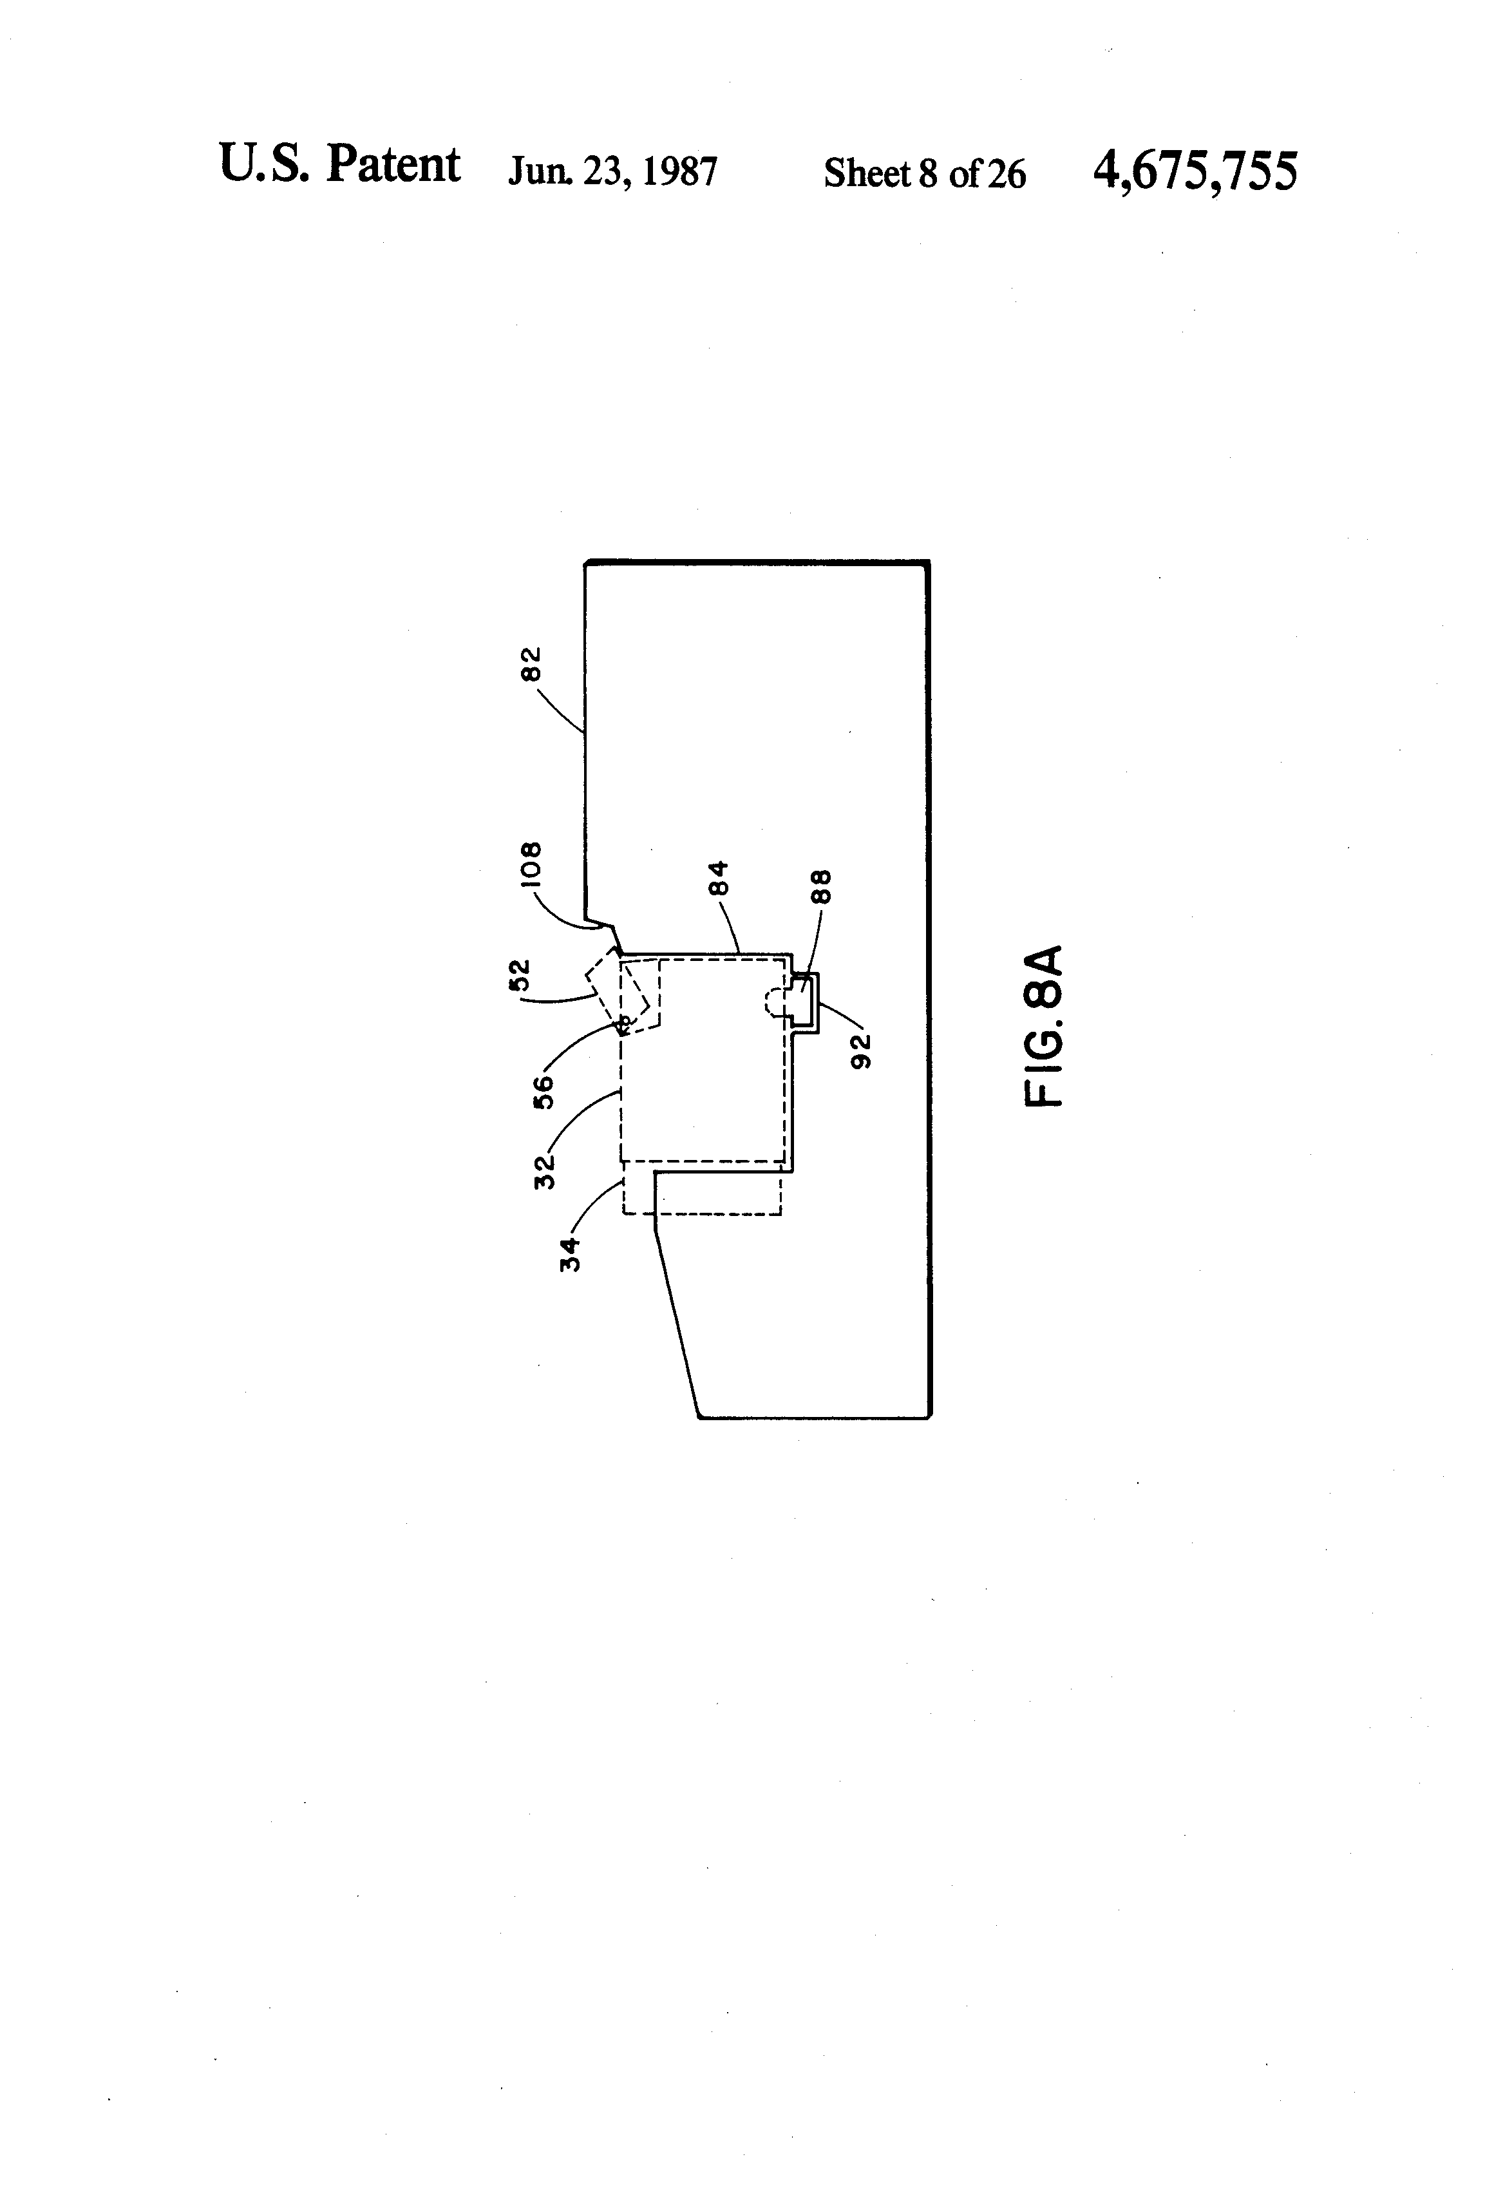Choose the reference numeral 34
tap(569, 1254)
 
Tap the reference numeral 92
tap(860, 1050)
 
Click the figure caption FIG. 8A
tap(1045, 1025)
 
